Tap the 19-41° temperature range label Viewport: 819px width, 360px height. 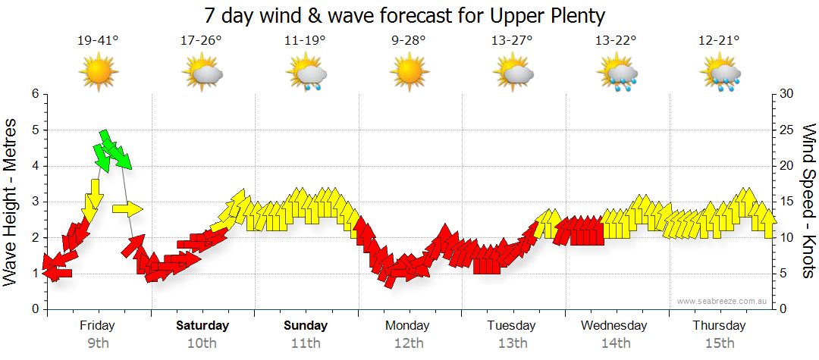pyautogui.click(x=98, y=40)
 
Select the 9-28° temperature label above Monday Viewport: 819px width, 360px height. pyautogui.click(x=409, y=40)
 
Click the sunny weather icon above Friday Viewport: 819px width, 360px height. pyautogui.click(x=99, y=73)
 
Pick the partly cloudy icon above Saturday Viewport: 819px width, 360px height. pyautogui.click(x=202, y=74)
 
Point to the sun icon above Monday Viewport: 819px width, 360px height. pyautogui.click(x=409, y=73)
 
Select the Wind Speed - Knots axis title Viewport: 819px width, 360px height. pyautogui.click(x=808, y=202)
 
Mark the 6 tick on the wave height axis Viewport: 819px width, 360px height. pyautogui.click(x=35, y=94)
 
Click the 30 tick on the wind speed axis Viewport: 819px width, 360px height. pyautogui.click(x=787, y=94)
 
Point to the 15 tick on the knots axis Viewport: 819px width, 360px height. pyautogui.click(x=787, y=202)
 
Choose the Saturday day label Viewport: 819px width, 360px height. pyautogui.click(x=202, y=326)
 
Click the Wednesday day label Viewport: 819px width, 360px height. pyautogui.click(x=614, y=326)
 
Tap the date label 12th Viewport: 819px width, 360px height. pyautogui.click(x=409, y=343)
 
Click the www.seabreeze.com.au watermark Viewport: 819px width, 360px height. pyautogui.click(x=723, y=301)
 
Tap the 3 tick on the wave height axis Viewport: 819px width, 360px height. pyautogui.click(x=35, y=202)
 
